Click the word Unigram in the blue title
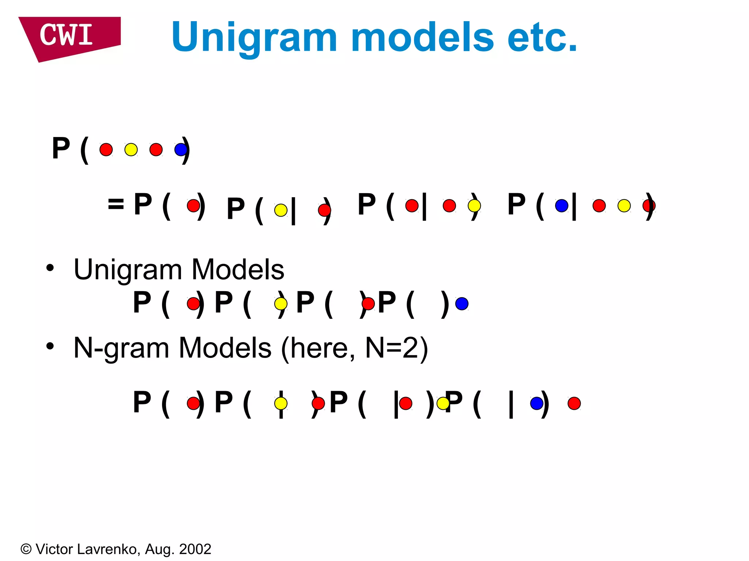(x=254, y=38)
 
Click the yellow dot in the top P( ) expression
(x=131, y=150)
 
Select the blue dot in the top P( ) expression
(x=181, y=150)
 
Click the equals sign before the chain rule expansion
(x=116, y=204)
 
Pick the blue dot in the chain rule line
(x=561, y=206)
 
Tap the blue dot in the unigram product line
(x=462, y=304)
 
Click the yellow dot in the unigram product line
(x=281, y=304)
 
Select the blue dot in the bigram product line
(x=537, y=403)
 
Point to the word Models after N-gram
(x=225, y=348)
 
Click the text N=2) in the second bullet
(x=396, y=348)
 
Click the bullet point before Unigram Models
(x=50, y=268)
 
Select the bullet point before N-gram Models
(x=50, y=346)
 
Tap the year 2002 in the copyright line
(x=195, y=549)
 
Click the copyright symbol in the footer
(x=26, y=549)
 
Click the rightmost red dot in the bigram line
(x=574, y=403)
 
